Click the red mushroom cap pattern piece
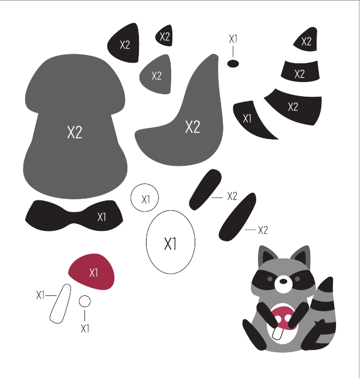coord(91,271)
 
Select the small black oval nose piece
coord(233,64)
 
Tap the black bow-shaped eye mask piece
coord(74,216)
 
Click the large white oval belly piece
coord(171,242)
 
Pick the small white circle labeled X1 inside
coord(145,197)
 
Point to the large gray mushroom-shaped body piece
coord(75,127)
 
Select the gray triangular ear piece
coord(156,75)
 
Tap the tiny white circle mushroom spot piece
coord(84,301)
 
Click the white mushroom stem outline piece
coord(60,304)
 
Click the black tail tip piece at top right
coord(306,40)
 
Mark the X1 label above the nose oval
coord(233,39)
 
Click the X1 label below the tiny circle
coord(85,329)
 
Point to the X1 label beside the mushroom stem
coord(40,295)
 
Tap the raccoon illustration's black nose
coord(283,281)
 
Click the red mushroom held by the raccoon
coord(284,317)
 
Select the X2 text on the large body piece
coord(74,132)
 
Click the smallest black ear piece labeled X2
coord(164,36)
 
